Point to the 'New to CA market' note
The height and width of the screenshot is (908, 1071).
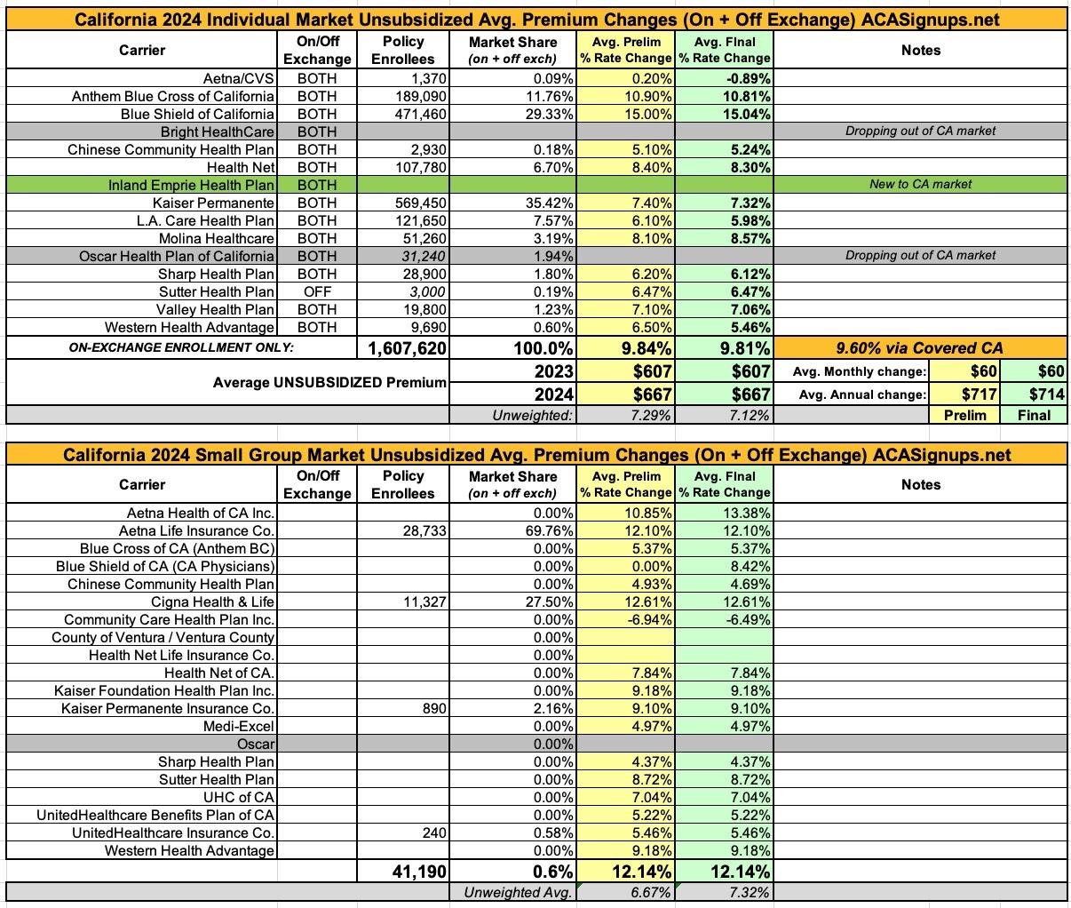[x=920, y=185]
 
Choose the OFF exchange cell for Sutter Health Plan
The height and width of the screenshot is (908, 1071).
[x=317, y=291]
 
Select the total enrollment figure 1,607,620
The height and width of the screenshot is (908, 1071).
[x=408, y=348]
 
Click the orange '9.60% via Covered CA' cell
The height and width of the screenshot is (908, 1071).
[x=920, y=348]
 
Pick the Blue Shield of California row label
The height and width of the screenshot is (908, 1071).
[x=197, y=114]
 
